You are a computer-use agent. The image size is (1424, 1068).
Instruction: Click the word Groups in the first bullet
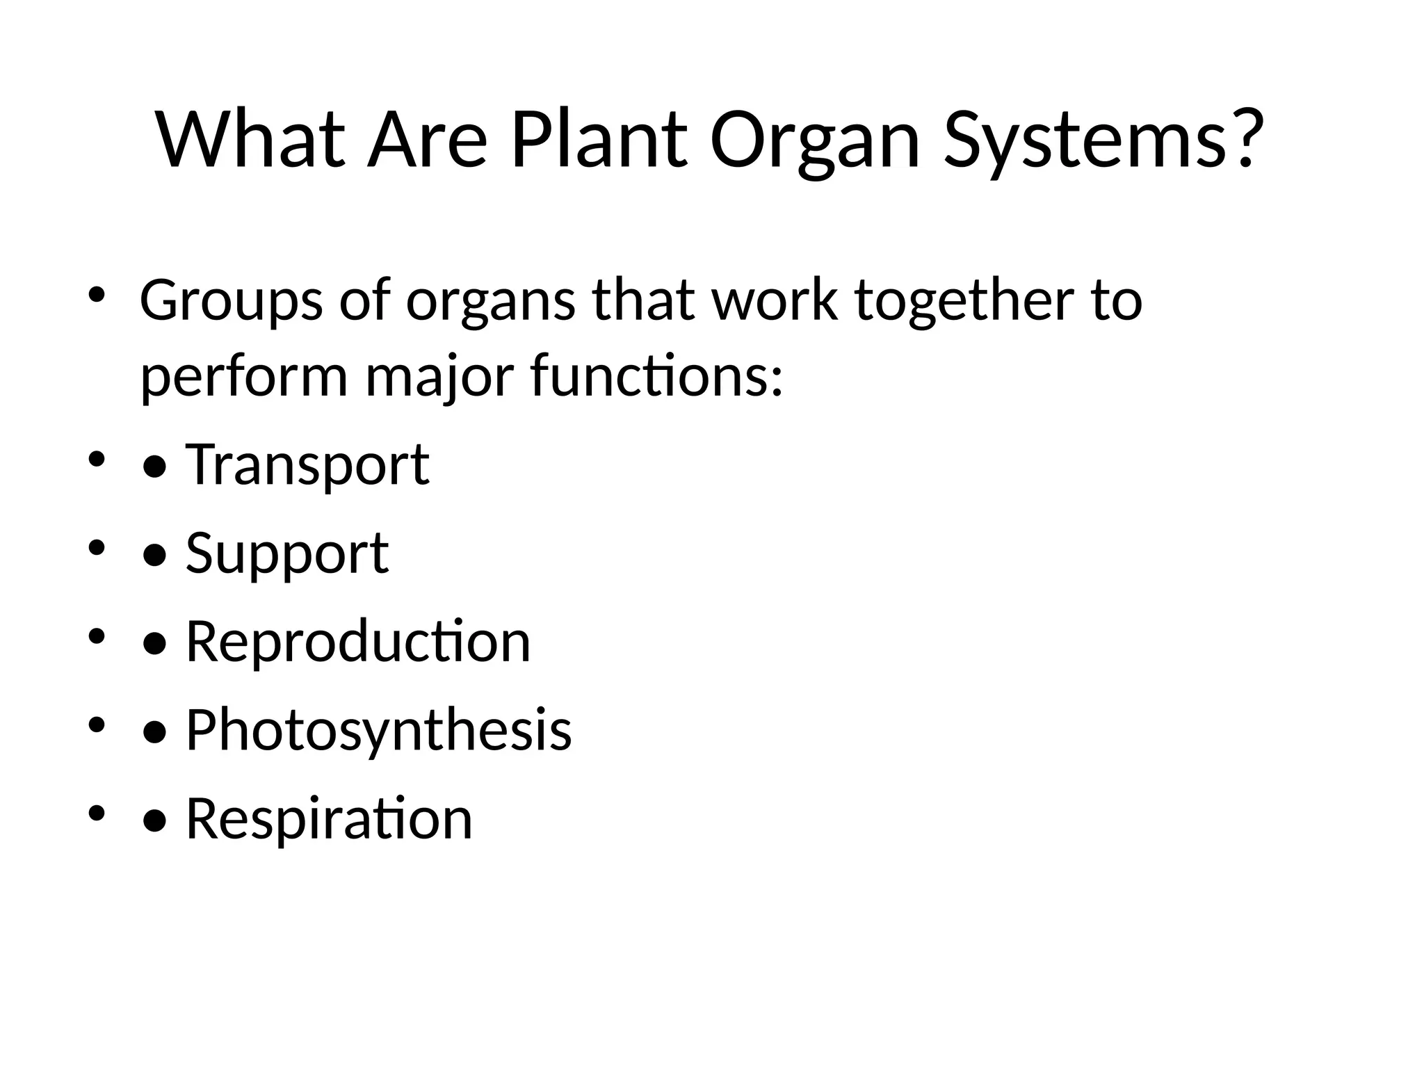click(x=231, y=302)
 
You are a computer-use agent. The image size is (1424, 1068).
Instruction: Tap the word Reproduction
click(x=357, y=641)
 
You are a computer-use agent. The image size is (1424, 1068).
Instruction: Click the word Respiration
click(x=329, y=818)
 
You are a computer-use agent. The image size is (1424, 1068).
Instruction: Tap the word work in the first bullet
click(x=772, y=300)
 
